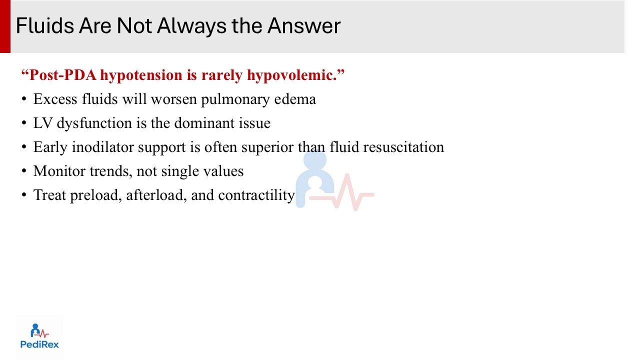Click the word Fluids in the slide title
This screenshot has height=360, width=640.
point(45,25)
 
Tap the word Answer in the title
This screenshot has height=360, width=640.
point(304,25)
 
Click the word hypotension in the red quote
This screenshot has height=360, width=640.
point(141,75)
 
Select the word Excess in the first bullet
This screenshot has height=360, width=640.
point(55,99)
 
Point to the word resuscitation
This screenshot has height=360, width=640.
point(403,147)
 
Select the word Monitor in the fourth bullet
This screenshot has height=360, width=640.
point(59,171)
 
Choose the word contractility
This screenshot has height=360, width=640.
point(256,195)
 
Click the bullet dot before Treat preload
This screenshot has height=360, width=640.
point(24,195)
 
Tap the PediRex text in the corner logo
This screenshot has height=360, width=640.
point(39,344)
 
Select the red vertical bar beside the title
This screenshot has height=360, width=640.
point(5,26)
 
